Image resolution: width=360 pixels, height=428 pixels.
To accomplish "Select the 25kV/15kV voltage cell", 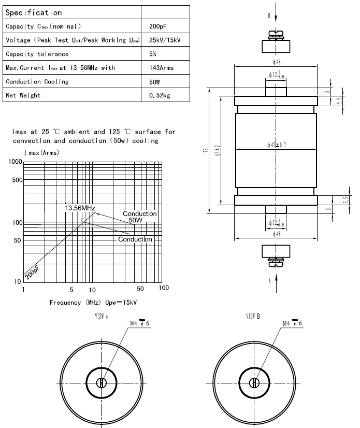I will (x=165, y=40).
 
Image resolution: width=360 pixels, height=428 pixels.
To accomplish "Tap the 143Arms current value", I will (x=161, y=68).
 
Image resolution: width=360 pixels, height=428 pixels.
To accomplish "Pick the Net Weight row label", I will (x=23, y=95).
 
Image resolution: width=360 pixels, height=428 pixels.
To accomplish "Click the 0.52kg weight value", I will (x=159, y=95).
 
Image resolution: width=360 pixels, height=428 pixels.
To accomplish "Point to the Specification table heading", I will (x=34, y=12).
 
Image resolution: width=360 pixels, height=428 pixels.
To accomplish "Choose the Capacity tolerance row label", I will (x=37, y=54).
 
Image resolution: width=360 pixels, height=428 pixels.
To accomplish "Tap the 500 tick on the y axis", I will (x=17, y=180).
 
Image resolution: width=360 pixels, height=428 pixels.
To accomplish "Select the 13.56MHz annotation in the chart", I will (x=80, y=208).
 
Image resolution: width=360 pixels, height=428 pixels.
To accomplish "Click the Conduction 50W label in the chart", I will (x=139, y=217).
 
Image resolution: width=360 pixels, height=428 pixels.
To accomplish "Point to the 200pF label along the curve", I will (x=32, y=271).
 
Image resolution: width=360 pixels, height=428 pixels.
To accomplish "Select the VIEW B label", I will (x=253, y=316).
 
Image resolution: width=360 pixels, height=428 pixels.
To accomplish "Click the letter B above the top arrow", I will (x=269, y=16).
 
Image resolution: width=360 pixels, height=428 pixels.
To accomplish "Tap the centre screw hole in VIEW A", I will (x=102, y=383).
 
